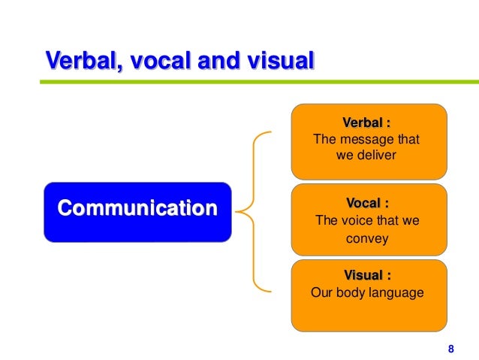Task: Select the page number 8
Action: (x=450, y=348)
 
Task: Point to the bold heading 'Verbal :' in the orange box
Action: (x=367, y=123)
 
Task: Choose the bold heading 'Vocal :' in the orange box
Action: (x=367, y=203)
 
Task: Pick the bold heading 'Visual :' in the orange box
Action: (x=367, y=275)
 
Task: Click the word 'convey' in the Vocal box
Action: (x=367, y=241)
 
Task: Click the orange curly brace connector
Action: (x=255, y=211)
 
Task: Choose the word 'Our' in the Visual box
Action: (x=321, y=292)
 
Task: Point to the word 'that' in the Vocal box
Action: (x=387, y=221)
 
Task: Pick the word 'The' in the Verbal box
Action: (x=324, y=140)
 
